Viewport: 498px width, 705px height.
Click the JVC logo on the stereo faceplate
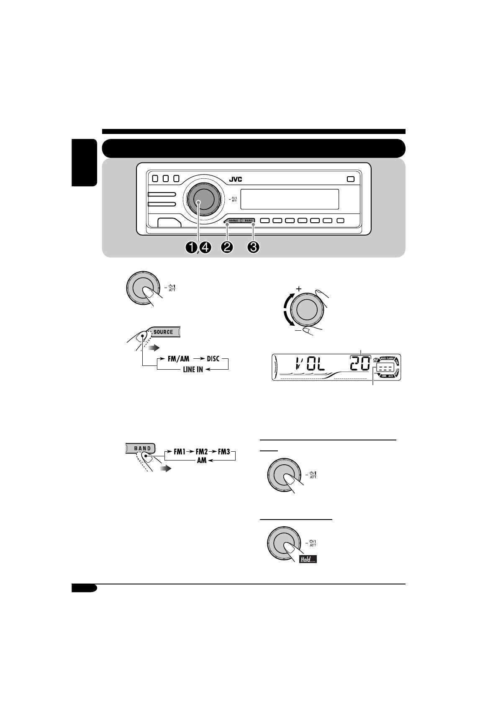point(236,180)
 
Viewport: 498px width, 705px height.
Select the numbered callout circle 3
point(253,247)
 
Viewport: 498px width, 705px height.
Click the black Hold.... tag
point(308,559)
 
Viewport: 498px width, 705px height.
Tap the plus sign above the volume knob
point(299,289)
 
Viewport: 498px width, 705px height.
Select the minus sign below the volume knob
point(298,330)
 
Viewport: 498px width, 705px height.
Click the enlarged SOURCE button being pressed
point(163,332)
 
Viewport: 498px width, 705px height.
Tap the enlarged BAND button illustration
point(141,448)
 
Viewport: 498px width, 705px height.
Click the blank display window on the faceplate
point(289,199)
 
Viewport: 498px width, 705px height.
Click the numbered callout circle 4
point(205,247)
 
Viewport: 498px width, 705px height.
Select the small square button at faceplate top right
point(350,179)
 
